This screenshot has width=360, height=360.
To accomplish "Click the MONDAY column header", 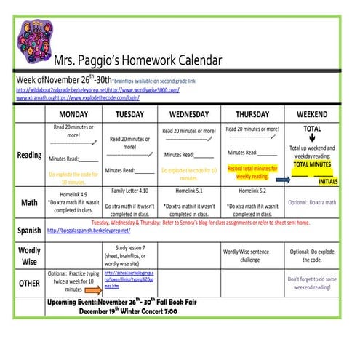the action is pyautogui.click(x=73, y=115).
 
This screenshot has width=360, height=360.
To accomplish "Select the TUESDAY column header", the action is pyautogui.click(x=129, y=115).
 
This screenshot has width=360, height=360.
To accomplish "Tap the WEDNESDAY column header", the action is pyautogui.click(x=188, y=115).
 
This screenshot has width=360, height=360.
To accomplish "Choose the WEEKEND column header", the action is pyautogui.click(x=312, y=115).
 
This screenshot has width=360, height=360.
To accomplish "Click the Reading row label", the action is pyautogui.click(x=29, y=156).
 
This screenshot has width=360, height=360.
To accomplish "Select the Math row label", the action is pyautogui.click(x=29, y=202).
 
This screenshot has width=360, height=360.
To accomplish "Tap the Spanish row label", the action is pyautogui.click(x=29, y=231).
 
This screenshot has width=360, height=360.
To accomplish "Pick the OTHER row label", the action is pyautogui.click(x=29, y=283).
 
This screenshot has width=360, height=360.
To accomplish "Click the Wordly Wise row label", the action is pyautogui.click(x=29, y=255).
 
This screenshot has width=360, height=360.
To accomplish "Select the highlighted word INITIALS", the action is pyautogui.click(x=328, y=181).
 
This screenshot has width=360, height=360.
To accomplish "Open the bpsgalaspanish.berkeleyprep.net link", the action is pyautogui.click(x=89, y=231).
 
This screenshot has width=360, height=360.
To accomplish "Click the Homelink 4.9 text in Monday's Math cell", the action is pyautogui.click(x=73, y=193).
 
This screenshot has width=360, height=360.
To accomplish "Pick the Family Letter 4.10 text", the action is pyautogui.click(x=129, y=191).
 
